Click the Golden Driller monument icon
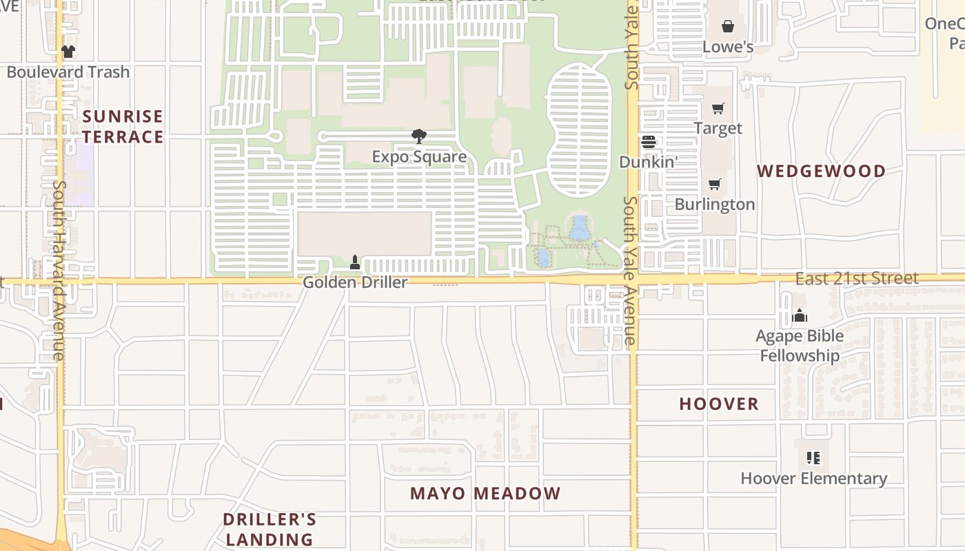(355, 262)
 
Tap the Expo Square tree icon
(418, 136)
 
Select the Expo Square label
(419, 157)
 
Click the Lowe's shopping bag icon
(728, 26)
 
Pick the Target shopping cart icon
(718, 108)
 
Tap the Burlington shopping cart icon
(715, 184)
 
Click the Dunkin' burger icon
(649, 142)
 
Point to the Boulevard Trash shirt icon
(68, 52)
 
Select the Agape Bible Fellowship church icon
(800, 315)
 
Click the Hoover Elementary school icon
(813, 457)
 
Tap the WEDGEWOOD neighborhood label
(822, 171)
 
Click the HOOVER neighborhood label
(719, 404)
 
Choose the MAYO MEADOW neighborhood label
(485, 494)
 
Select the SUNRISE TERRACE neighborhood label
(123, 127)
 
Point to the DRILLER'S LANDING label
(270, 529)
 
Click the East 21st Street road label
(857, 278)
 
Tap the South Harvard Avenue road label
(59, 270)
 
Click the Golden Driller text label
(355, 282)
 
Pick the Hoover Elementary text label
(813, 478)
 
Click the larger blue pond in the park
(580, 227)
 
